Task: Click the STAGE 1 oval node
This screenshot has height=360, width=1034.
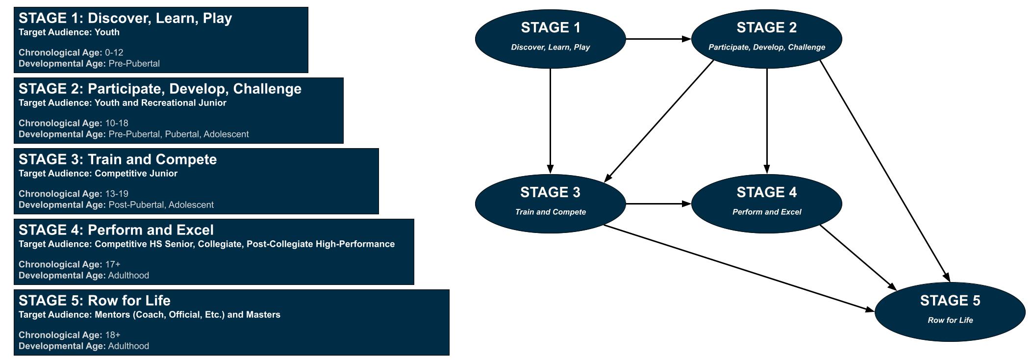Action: click(550, 39)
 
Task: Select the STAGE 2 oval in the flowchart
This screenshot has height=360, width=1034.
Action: click(766, 39)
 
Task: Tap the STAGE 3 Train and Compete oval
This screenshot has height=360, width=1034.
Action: click(550, 204)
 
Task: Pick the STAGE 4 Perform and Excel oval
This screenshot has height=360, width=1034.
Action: click(766, 204)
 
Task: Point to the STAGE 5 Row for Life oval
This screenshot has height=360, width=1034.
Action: click(950, 312)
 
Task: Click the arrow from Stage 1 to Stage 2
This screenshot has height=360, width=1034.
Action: click(658, 39)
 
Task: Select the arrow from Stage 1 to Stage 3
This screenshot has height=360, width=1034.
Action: click(550, 121)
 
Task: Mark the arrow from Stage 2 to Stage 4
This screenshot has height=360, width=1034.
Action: click(767, 121)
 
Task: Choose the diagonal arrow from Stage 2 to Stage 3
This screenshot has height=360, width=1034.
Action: click(659, 121)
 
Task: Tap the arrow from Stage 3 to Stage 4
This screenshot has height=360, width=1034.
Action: click(658, 204)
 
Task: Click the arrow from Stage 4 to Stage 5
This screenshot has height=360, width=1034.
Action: click(858, 258)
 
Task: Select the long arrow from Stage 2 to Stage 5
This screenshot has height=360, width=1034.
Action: click(885, 171)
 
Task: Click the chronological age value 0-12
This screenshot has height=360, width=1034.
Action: click(114, 52)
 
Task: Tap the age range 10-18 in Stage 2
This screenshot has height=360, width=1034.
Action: click(117, 123)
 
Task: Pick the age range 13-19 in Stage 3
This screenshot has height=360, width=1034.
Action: click(117, 194)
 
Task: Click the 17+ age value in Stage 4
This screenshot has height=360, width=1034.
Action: click(113, 264)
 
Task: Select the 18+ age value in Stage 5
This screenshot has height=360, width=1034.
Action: click(113, 335)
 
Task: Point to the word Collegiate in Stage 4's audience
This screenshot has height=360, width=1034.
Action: click(220, 244)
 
